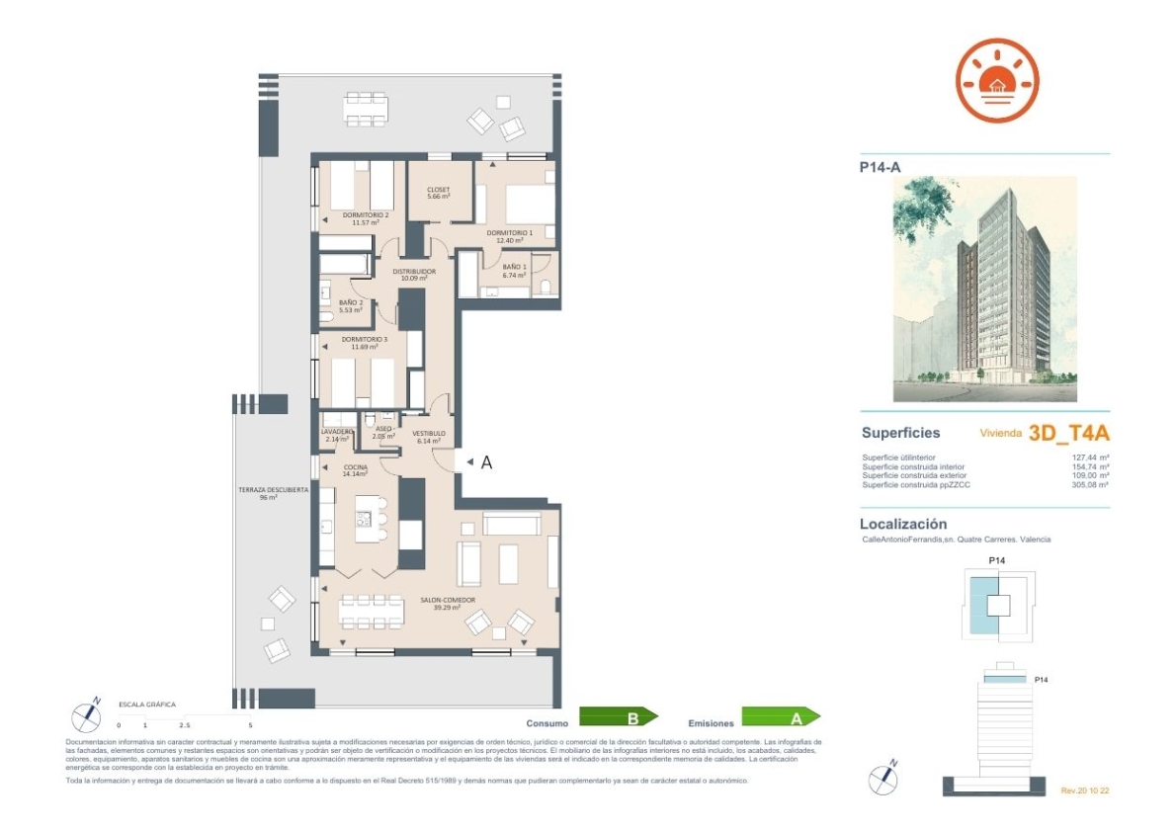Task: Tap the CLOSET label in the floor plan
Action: tap(438, 192)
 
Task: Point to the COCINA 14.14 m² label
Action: tap(355, 470)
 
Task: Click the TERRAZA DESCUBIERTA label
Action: tap(273, 493)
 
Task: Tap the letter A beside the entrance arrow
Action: tap(486, 461)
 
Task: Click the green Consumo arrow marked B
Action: tap(618, 717)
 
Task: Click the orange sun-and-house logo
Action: tap(997, 80)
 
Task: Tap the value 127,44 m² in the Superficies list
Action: tap(1090, 458)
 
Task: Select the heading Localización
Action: tap(903, 524)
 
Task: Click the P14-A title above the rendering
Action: tap(880, 167)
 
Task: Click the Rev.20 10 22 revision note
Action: tap(1085, 790)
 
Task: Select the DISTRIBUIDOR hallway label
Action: tap(414, 274)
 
